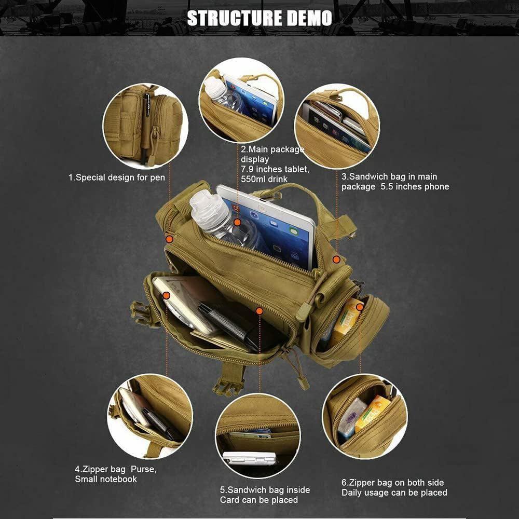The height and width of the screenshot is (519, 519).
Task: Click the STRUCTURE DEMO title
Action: pyautogui.click(x=259, y=18)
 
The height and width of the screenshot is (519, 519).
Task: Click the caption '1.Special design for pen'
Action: pyautogui.click(x=117, y=177)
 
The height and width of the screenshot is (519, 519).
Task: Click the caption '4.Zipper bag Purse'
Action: pyautogui.click(x=115, y=470)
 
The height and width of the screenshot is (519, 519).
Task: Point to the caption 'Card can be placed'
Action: pyautogui.click(x=259, y=500)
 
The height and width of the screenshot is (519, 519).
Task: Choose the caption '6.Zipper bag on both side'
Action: pyautogui.click(x=393, y=483)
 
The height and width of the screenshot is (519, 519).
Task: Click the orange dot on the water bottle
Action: pyautogui.click(x=237, y=222)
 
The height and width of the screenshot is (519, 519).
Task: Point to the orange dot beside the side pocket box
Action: pyautogui.click(x=360, y=307)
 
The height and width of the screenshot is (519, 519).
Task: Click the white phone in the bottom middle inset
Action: pyautogui.click(x=250, y=458)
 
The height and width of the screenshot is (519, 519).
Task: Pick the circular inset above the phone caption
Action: pyautogui.click(x=337, y=126)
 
